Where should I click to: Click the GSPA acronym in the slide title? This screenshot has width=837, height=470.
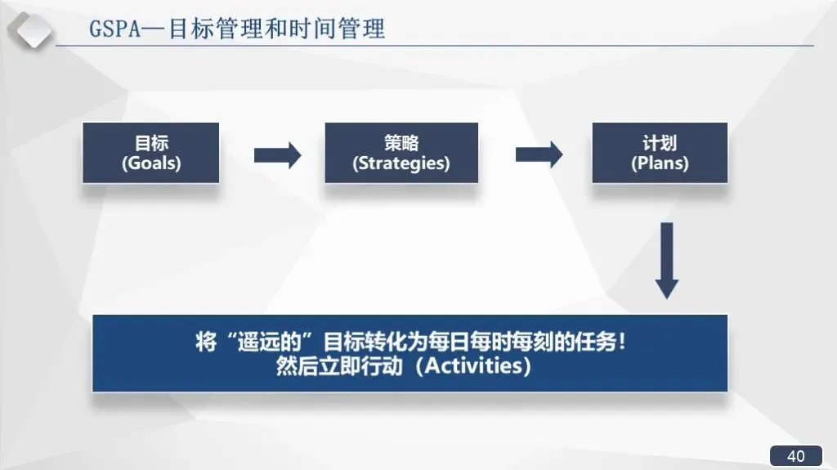(114, 29)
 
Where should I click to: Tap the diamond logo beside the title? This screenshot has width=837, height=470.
(30, 30)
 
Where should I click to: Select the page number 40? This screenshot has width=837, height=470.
(796, 456)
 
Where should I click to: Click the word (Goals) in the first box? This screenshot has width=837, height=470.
(151, 163)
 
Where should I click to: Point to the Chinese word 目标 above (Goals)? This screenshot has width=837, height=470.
(151, 142)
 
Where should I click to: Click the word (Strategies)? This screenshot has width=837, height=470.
(401, 163)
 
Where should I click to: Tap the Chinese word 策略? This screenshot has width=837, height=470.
(401, 142)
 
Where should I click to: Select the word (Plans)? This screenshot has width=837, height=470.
(660, 163)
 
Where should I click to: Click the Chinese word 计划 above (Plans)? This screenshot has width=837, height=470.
(660, 142)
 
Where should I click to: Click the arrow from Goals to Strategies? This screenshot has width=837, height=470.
(278, 155)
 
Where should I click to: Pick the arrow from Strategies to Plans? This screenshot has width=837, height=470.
(539, 154)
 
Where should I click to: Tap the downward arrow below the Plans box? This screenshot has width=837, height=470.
(667, 261)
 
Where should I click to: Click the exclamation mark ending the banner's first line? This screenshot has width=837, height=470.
(621, 342)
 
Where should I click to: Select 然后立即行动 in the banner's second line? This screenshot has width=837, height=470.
(339, 366)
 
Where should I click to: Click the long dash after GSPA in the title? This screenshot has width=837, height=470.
(154, 29)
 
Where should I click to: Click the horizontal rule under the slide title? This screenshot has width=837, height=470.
(435, 46)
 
